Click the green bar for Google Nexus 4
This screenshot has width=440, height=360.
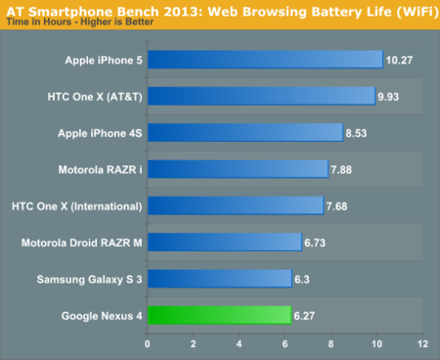219,315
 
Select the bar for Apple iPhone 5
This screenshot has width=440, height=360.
265,60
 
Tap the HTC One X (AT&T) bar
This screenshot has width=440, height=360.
261,96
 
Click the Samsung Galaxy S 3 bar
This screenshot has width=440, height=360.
220,279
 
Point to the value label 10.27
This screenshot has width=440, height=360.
399,60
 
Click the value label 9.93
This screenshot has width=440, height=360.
390,96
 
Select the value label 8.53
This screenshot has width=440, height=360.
358,133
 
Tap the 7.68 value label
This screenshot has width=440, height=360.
338,205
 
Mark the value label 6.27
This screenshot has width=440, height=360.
306,315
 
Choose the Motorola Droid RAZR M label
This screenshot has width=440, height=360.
82,243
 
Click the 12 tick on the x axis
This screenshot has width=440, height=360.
422,344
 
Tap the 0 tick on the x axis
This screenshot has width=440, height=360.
148,344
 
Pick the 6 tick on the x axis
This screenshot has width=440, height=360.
285,344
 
